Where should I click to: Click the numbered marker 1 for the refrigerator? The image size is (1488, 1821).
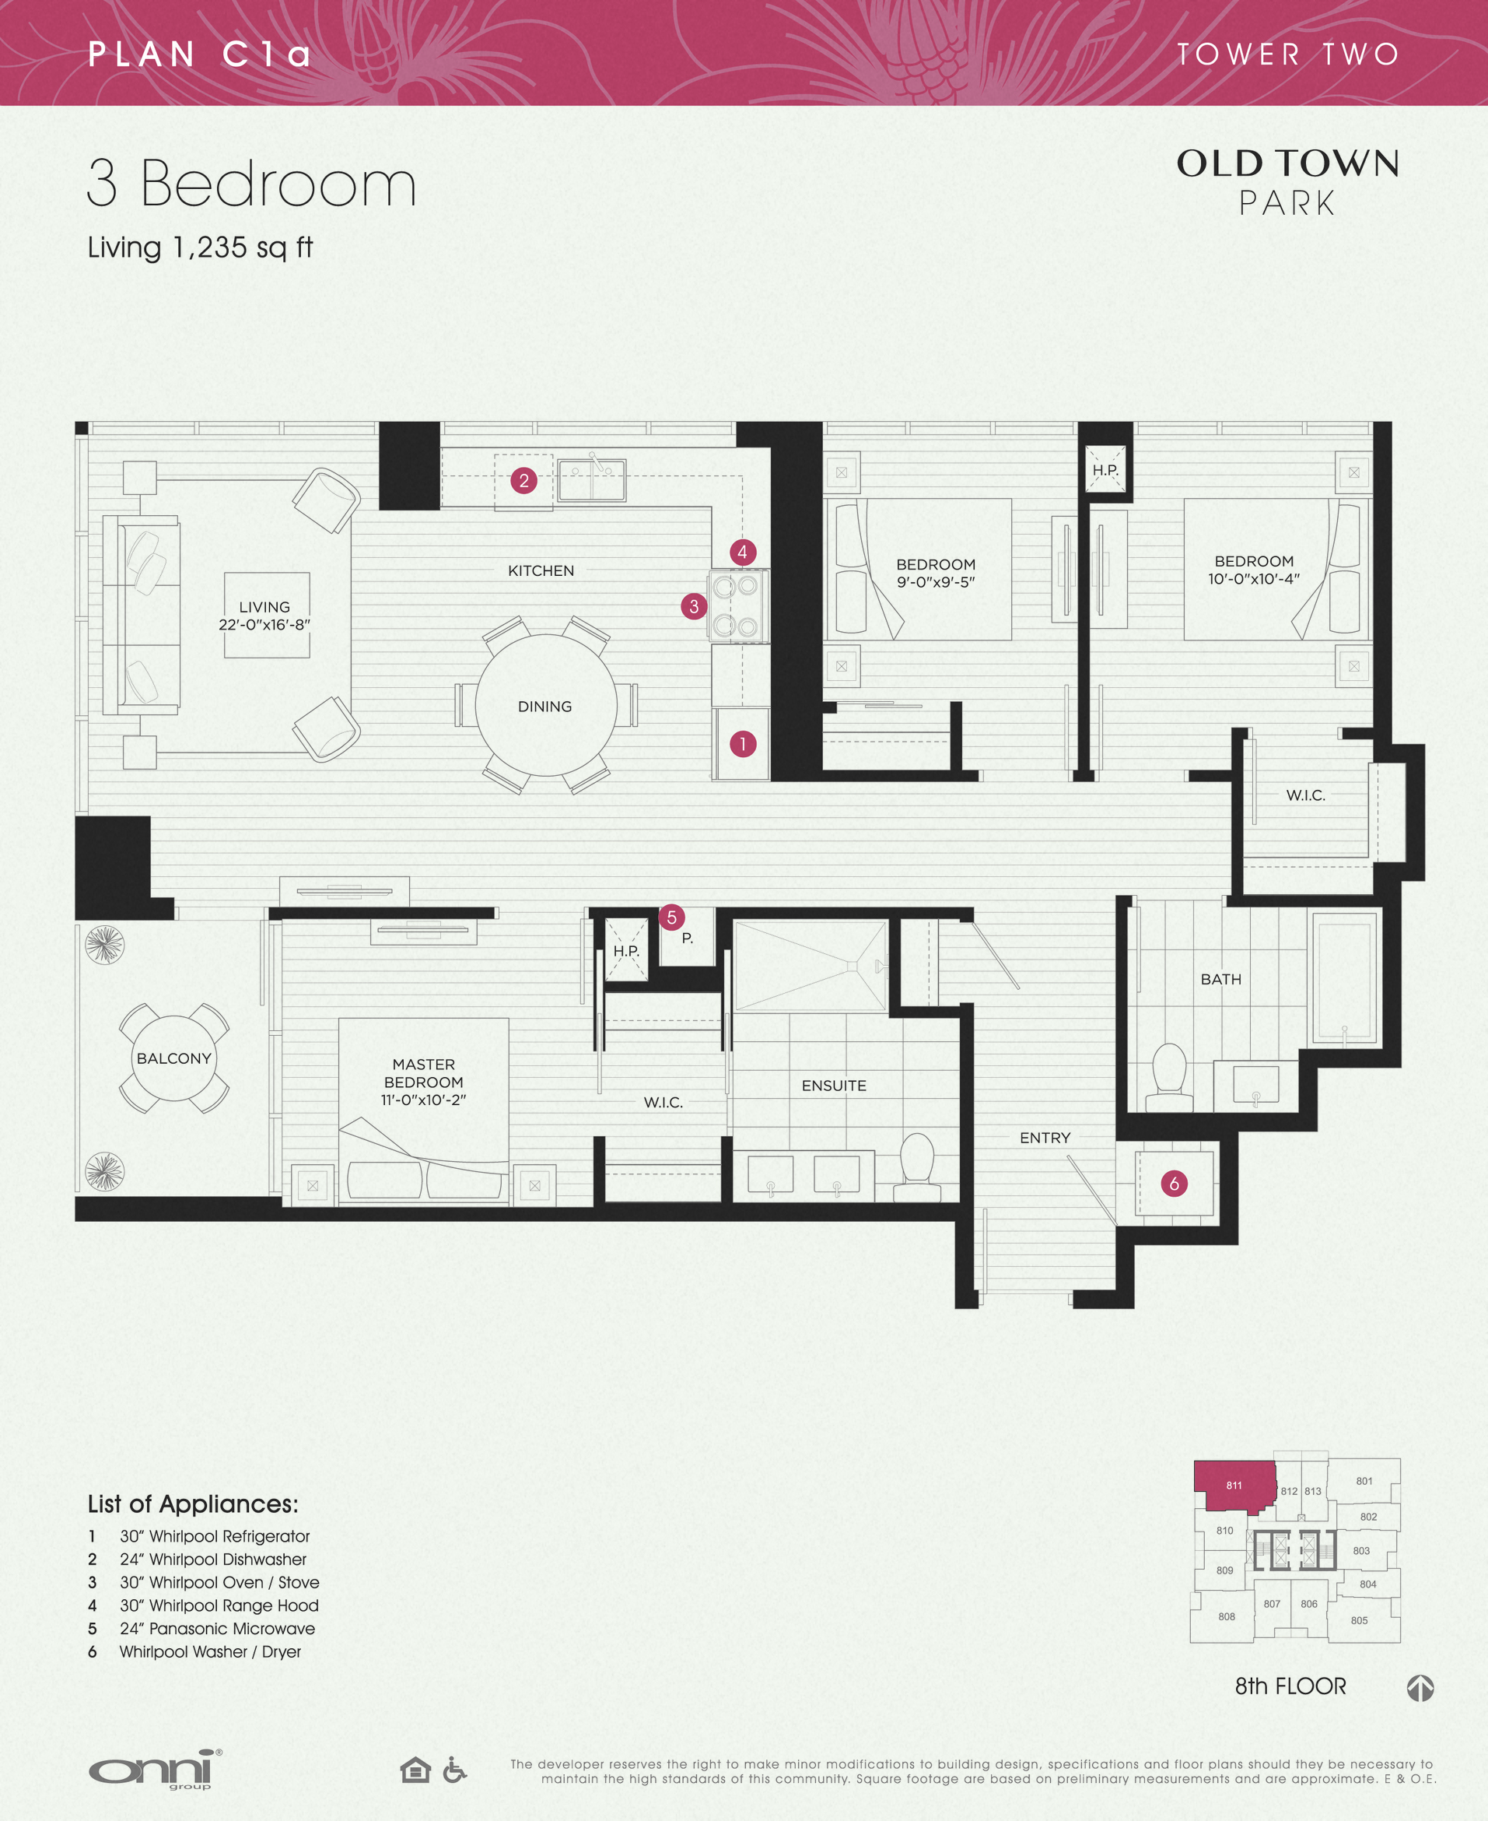tap(742, 743)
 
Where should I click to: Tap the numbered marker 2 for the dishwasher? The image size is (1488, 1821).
tap(523, 480)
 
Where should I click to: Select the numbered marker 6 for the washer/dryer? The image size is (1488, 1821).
tap(1174, 1183)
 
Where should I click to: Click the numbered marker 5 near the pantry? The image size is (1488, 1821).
tap(671, 917)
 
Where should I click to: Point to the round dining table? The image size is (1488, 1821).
tap(545, 705)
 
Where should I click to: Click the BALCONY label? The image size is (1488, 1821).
tap(174, 1058)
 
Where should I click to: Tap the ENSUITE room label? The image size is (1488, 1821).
tap(833, 1086)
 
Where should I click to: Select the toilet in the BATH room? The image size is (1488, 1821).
tap(1168, 1075)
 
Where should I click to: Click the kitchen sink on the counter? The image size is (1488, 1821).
tap(591, 480)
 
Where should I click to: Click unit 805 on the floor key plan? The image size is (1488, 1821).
tap(1359, 1619)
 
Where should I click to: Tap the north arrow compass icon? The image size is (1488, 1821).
tap(1420, 1687)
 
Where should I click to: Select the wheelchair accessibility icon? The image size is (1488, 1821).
tap(454, 1769)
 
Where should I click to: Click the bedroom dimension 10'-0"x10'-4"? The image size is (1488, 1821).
tap(1253, 579)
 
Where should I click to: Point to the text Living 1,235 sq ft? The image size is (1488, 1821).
tap(200, 247)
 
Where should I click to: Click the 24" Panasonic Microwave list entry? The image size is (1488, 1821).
tap(216, 1628)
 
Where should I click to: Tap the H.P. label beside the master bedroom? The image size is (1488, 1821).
tap(625, 951)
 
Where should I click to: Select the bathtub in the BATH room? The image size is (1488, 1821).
tap(1343, 977)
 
